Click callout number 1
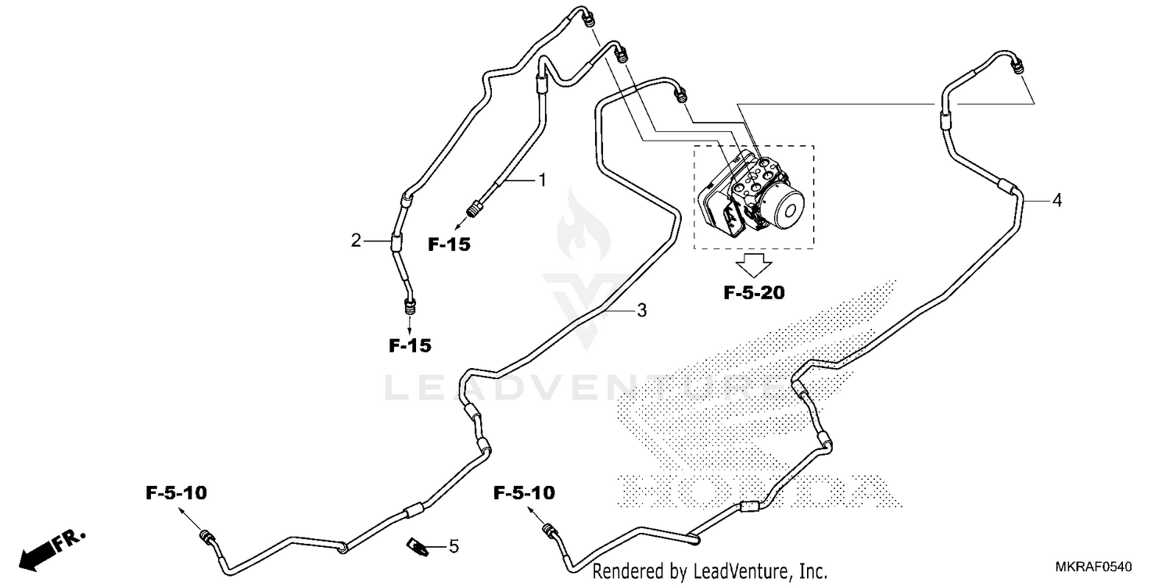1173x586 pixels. tap(540, 180)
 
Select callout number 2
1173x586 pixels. tap(357, 241)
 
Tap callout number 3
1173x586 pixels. tap(641, 311)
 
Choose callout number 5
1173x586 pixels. tap(454, 546)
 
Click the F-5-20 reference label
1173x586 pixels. tap(754, 294)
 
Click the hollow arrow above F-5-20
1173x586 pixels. tap(754, 265)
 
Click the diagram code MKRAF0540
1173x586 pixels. tap(1095, 566)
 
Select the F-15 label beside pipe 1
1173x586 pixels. tap(449, 245)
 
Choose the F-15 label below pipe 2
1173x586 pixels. tap(410, 345)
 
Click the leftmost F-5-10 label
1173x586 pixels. tap(177, 493)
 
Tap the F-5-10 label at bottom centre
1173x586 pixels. tap(524, 493)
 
